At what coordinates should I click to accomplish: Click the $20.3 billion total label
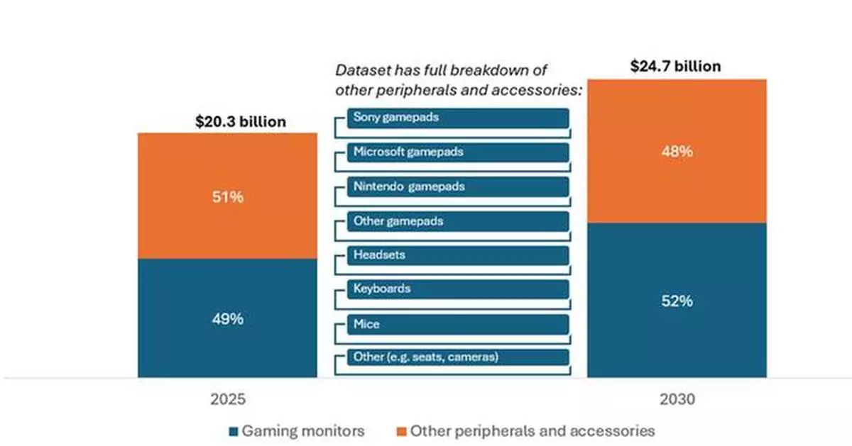[241, 122]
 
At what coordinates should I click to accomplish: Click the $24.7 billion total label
[675, 67]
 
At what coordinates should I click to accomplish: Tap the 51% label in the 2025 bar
[228, 197]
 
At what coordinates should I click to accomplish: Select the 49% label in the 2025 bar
[228, 319]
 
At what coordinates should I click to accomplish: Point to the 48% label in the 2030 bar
[677, 152]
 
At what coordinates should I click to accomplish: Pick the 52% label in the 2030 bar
[677, 301]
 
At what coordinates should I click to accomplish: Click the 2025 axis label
[228, 399]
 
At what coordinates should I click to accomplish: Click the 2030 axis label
[677, 399]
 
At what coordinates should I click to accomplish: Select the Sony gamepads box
[458, 118]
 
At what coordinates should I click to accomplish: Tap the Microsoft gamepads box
[458, 152]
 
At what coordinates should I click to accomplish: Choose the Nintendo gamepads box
[458, 186]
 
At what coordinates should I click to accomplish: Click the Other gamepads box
[458, 221]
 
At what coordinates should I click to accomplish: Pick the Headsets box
[458, 255]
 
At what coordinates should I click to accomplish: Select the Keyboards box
[458, 289]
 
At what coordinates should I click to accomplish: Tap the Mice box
[458, 324]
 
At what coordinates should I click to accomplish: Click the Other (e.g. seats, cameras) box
[458, 357]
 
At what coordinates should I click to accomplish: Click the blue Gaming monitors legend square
[234, 430]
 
